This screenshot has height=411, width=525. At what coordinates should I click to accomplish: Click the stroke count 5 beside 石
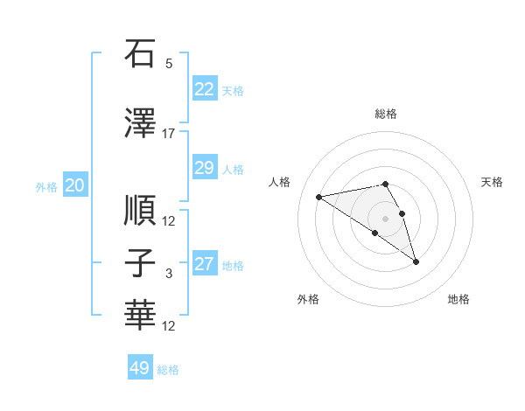[x=169, y=64]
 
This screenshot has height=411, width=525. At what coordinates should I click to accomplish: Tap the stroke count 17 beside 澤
[x=169, y=133]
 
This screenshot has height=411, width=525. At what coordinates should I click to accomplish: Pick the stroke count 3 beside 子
[x=169, y=274]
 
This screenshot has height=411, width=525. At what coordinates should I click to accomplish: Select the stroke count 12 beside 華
[x=169, y=326]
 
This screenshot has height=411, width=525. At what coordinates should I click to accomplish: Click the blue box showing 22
[x=204, y=88]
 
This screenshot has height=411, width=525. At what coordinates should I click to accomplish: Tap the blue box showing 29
[x=204, y=168]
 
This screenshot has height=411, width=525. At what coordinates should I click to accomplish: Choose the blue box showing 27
[x=204, y=264]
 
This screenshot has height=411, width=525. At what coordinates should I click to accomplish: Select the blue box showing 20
[x=75, y=185]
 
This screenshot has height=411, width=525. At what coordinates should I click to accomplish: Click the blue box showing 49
[x=140, y=368]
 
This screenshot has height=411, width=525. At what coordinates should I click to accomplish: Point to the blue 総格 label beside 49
[x=168, y=370]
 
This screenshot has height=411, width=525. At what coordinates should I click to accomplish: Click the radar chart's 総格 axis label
[x=385, y=114]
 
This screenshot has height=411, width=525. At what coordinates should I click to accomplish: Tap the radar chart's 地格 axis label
[x=458, y=299]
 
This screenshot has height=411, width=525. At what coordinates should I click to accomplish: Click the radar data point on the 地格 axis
[x=416, y=261]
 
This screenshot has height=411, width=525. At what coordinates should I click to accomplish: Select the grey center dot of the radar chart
[x=385, y=219]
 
